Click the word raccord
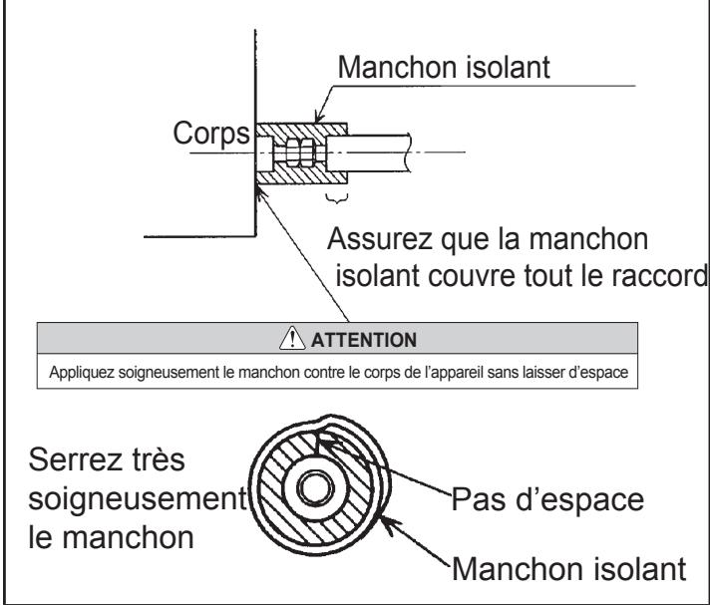[x=652, y=276]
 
